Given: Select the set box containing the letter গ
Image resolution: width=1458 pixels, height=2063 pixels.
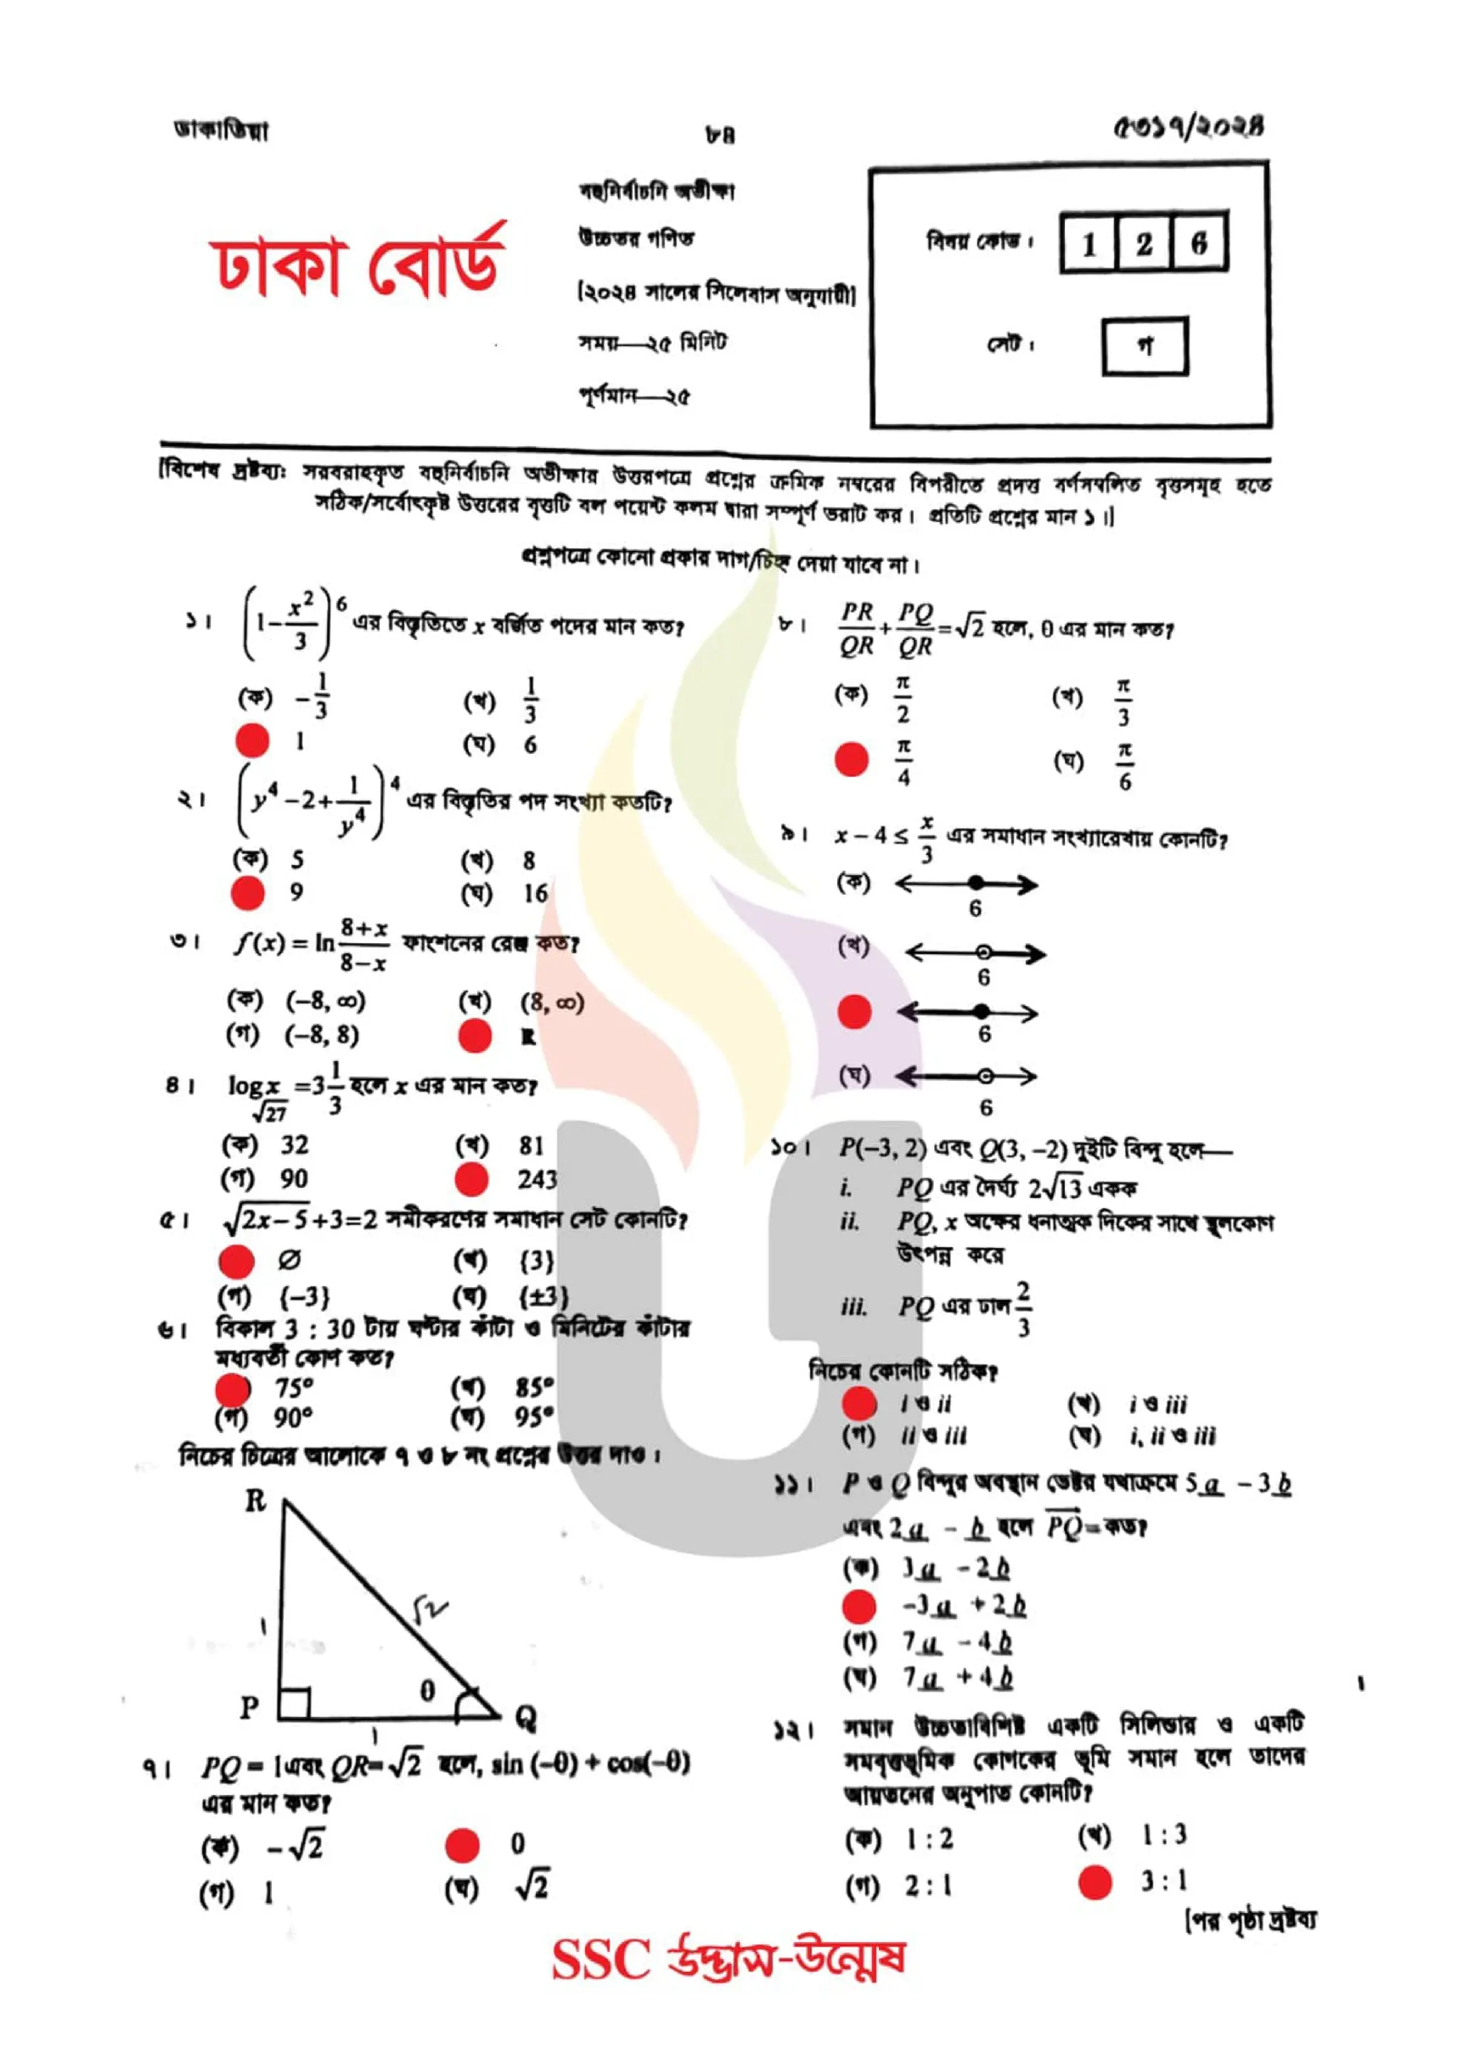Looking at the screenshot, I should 1145,345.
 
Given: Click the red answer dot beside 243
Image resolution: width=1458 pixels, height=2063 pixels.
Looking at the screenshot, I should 471,1180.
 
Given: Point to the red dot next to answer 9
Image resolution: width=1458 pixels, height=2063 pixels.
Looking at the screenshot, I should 248,893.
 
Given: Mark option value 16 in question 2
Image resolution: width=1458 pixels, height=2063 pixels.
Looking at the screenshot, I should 535,894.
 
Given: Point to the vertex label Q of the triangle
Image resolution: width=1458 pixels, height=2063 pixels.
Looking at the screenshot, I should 525,1718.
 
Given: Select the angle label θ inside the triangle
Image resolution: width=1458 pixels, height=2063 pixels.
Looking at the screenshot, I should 428,1690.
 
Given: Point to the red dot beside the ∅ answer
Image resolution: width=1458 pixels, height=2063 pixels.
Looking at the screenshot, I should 237,1261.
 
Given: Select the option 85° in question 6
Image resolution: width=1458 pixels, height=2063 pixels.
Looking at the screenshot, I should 535,1387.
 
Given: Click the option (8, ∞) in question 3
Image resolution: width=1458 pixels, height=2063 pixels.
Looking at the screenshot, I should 552,1002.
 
